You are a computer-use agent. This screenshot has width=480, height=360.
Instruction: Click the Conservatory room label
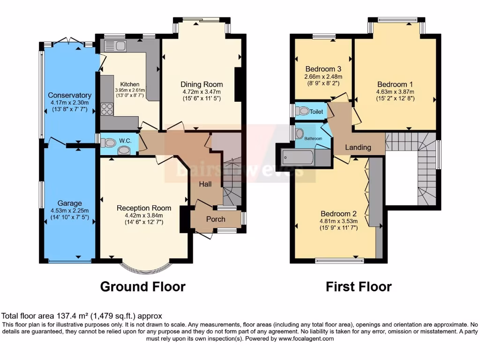click(69, 95)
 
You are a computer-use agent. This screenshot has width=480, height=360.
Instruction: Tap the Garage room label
click(69, 203)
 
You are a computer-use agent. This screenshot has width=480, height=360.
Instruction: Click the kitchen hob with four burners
click(106, 109)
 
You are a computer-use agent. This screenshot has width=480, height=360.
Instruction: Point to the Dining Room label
click(202, 84)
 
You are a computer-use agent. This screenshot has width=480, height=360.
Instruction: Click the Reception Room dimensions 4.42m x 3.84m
click(144, 215)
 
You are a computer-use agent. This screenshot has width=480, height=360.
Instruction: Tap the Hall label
click(205, 184)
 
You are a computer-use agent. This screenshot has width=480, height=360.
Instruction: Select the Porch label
click(216, 219)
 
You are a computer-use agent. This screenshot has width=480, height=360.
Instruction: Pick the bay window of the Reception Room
click(144, 268)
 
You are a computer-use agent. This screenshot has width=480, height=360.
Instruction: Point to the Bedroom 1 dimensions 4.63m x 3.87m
click(396, 92)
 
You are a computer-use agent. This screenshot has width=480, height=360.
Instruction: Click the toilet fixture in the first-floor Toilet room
click(303, 111)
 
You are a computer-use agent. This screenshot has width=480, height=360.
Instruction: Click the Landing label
click(358, 147)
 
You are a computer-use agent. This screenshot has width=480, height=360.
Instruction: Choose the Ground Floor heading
click(143, 286)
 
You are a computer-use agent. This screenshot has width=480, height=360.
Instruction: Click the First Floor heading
click(359, 286)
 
